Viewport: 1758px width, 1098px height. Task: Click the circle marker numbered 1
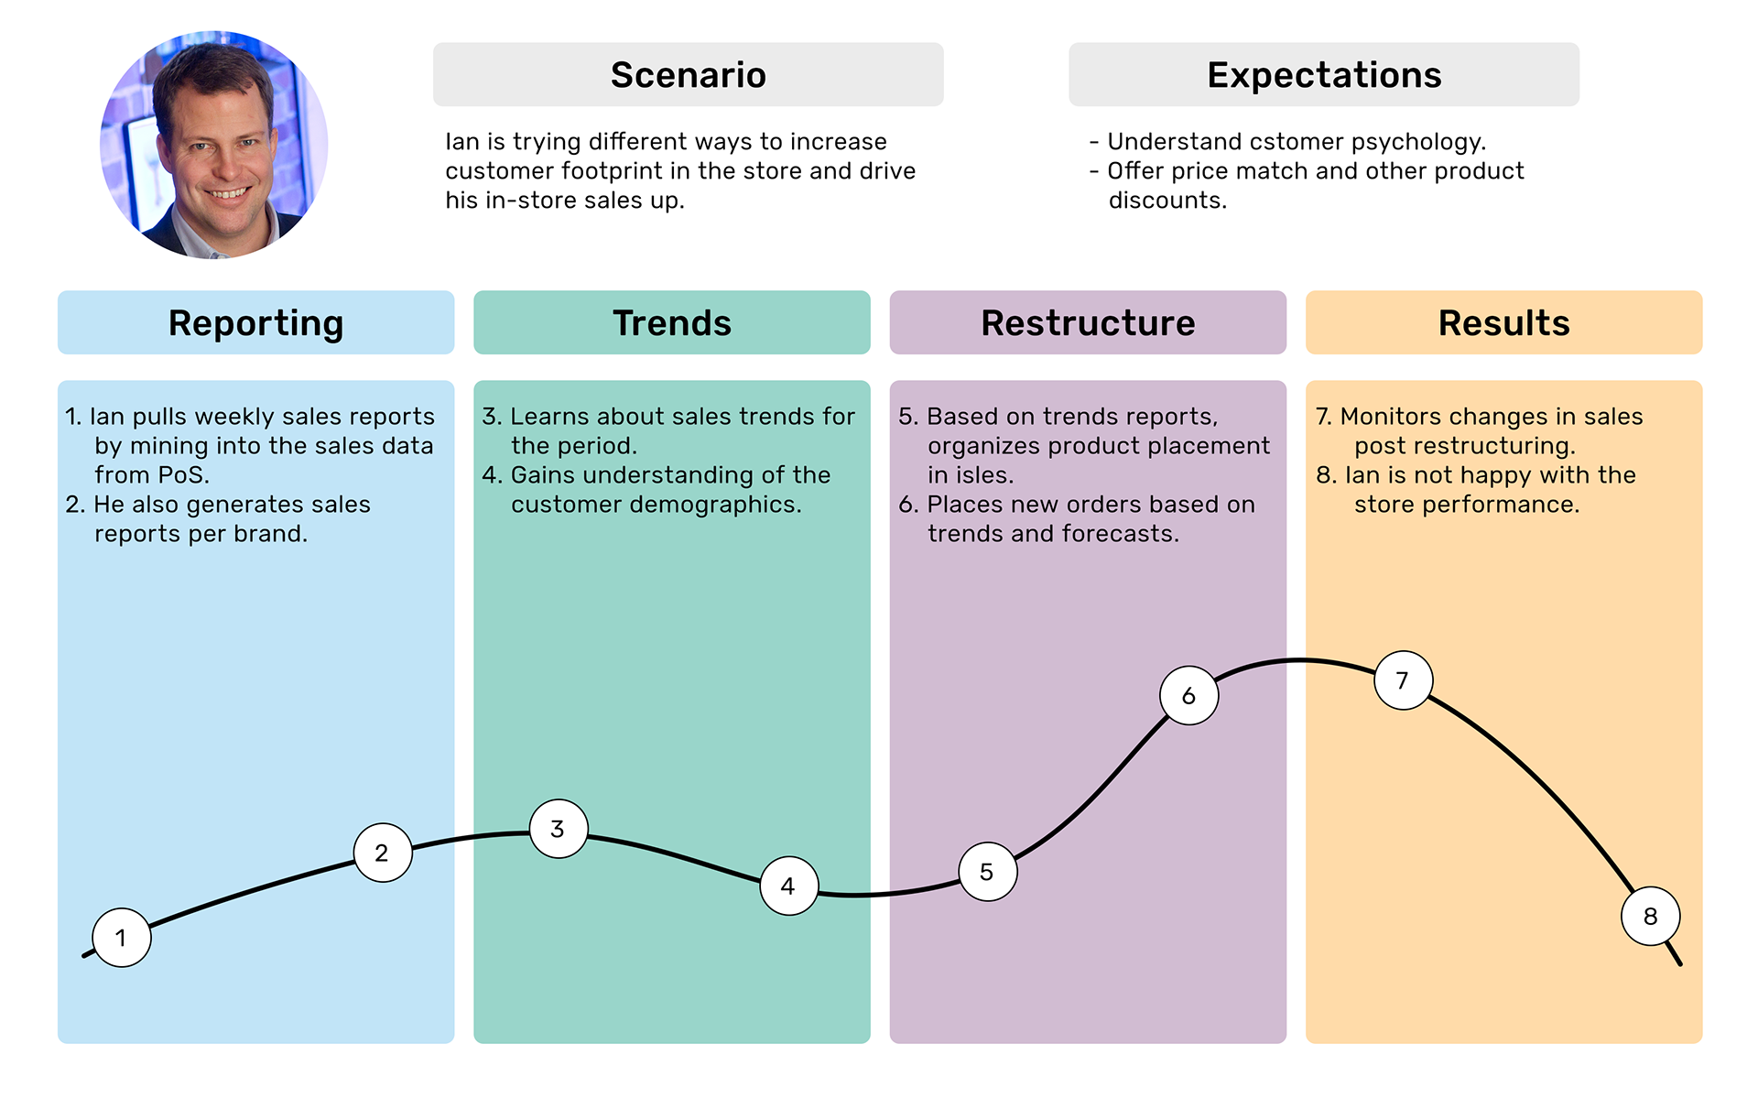[122, 938]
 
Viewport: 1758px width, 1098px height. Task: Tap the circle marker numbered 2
[383, 853]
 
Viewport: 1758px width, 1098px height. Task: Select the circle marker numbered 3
[559, 829]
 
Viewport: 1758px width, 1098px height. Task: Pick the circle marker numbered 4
[789, 886]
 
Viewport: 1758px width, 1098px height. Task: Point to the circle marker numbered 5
[988, 872]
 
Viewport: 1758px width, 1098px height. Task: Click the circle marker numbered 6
[1189, 696]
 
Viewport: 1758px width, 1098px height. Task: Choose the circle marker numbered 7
[1404, 680]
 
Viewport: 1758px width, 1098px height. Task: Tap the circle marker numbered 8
[1651, 916]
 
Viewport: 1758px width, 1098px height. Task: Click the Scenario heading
[689, 74]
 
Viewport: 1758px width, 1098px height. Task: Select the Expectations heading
[1324, 74]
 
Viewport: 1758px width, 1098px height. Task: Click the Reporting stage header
[256, 322]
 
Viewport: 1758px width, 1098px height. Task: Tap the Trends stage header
[672, 322]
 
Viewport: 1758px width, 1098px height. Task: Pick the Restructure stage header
[1088, 322]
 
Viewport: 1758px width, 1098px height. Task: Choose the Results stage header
[1504, 322]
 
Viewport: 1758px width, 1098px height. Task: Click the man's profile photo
[214, 145]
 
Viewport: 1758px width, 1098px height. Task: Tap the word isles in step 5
[983, 475]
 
